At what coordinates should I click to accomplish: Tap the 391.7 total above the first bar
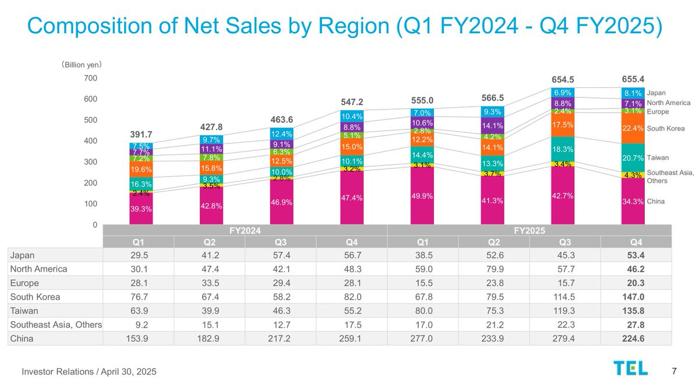pos(141,135)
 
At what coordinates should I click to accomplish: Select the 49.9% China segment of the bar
pos(422,196)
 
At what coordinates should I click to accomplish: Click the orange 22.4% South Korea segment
pos(633,128)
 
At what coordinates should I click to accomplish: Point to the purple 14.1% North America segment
pos(492,126)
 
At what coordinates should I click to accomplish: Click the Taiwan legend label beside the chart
pos(658,157)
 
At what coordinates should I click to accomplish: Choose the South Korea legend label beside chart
pos(666,128)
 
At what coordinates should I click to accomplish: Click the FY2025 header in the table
pos(529,230)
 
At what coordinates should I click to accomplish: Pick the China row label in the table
pos(22,338)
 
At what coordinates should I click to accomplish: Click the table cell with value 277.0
pos(423,338)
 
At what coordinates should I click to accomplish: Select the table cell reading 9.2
pos(139,325)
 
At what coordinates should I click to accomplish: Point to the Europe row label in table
pos(24,283)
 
